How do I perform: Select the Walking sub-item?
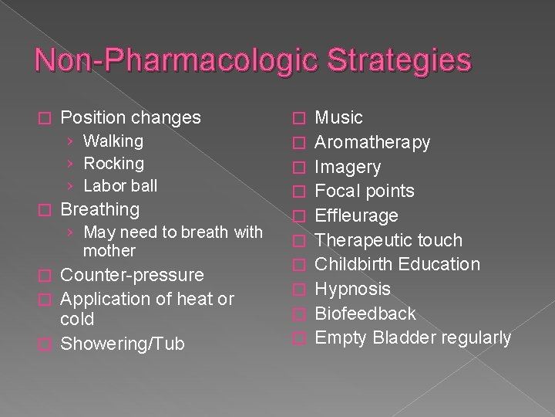coord(113,141)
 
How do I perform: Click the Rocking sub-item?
coord(113,164)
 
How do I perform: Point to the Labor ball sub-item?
coord(120,186)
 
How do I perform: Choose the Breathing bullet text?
coord(99,209)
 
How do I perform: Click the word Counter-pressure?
coord(132,276)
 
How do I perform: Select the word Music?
coord(339,118)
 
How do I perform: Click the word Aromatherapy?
coord(373,143)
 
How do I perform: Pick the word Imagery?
coord(348,167)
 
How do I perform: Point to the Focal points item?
coord(365,192)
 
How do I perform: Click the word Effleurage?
coord(357,215)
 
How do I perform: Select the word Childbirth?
coord(355,265)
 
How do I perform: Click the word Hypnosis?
coord(353,290)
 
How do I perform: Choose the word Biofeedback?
coord(365,314)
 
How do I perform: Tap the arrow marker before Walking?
coord(70,142)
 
